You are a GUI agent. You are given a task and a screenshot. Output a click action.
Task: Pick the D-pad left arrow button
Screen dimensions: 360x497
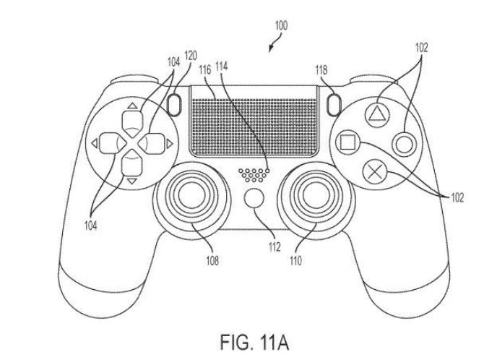pos(106,143)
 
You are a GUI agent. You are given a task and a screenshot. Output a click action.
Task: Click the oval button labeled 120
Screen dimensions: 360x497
pos(173,106)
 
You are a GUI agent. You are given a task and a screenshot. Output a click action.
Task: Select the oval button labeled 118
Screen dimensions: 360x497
pos(333,106)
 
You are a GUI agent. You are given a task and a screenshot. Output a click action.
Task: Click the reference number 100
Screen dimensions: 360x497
pos(280,25)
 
